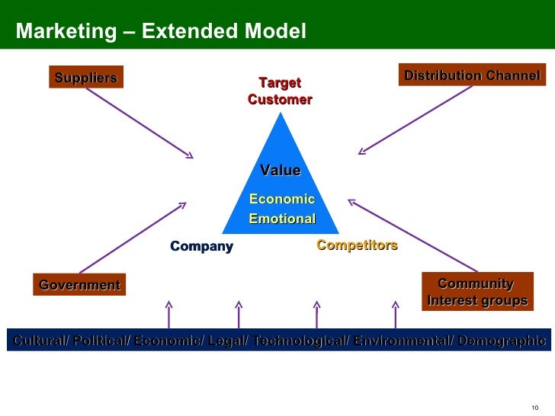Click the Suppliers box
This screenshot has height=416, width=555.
[x=85, y=77]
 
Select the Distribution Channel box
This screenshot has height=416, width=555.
[x=472, y=75]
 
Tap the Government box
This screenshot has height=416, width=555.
[x=79, y=285]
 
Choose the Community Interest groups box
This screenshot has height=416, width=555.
[x=476, y=292]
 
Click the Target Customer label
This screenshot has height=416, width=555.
[x=280, y=91]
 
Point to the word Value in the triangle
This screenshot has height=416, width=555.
[x=280, y=171]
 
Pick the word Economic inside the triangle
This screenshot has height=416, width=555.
[x=281, y=199]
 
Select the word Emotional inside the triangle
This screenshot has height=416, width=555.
[x=282, y=219]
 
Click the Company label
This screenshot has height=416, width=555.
[x=201, y=246]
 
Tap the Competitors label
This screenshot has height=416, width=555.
[x=357, y=245]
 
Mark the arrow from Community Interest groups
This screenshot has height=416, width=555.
[x=412, y=235]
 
